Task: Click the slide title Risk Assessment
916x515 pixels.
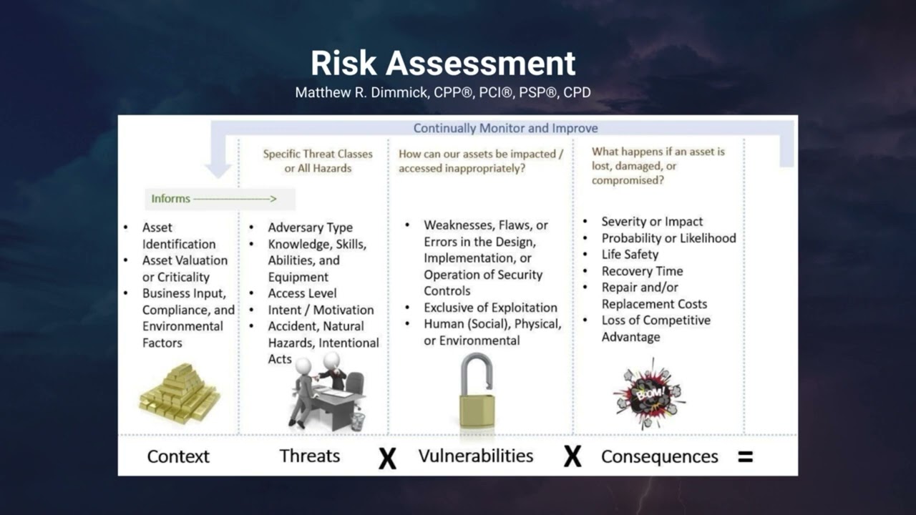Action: pos(443,63)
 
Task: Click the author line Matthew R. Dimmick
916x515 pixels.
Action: pos(443,93)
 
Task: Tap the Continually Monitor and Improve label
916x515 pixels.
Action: pos(505,129)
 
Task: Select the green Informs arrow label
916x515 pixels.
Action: pos(213,199)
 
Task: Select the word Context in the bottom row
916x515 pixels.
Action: pos(178,456)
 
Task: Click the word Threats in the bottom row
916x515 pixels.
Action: pos(309,456)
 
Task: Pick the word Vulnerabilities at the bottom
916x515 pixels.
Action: pos(476,456)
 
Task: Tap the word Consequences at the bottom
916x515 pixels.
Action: pos(659,456)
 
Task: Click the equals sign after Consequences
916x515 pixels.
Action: pos(745,456)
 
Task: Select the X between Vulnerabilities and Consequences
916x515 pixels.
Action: pos(572,456)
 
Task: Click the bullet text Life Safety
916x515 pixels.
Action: pos(630,255)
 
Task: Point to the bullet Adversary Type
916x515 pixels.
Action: pos(310,227)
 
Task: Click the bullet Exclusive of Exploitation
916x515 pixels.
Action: pos(490,308)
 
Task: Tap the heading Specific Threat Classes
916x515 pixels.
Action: pos(318,154)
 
